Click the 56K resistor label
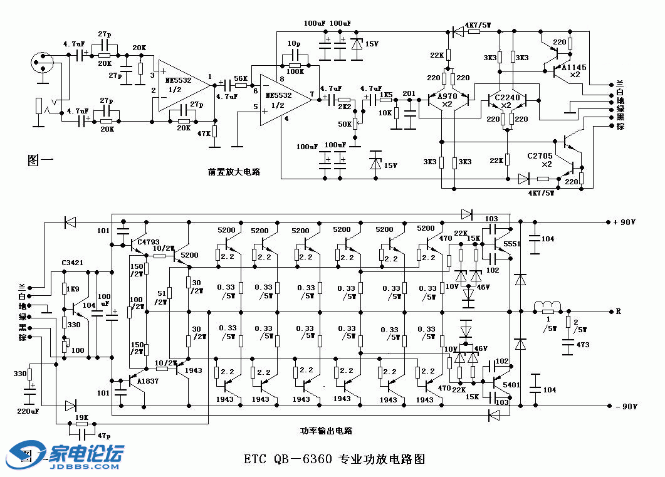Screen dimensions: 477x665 tap(240, 78)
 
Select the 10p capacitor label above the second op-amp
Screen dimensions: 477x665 tap(293, 44)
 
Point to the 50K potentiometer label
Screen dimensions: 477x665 tap(344, 124)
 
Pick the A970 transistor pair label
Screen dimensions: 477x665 tap(446, 97)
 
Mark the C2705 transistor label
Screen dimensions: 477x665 tap(540, 155)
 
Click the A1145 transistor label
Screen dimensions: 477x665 tap(574, 66)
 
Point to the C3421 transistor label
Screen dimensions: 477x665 tap(73, 262)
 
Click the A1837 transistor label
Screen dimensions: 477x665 tap(148, 381)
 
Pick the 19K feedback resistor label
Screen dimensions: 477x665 tap(81, 417)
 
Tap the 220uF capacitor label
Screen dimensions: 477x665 tap(28, 411)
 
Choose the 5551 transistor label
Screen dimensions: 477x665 tap(512, 244)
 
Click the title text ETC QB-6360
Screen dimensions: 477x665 tap(289, 459)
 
